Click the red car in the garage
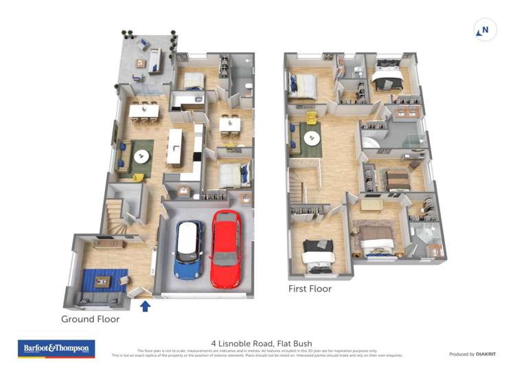tap(225, 248)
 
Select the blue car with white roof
tap(188, 249)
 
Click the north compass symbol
tap(485, 30)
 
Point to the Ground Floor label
tap(90, 319)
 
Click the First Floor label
tap(310, 289)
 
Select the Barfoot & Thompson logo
tap(56, 349)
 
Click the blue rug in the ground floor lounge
tap(103, 280)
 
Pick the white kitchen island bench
tap(175, 147)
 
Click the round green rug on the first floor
tap(312, 139)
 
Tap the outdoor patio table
tap(142, 63)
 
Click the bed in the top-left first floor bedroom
tap(304, 86)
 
